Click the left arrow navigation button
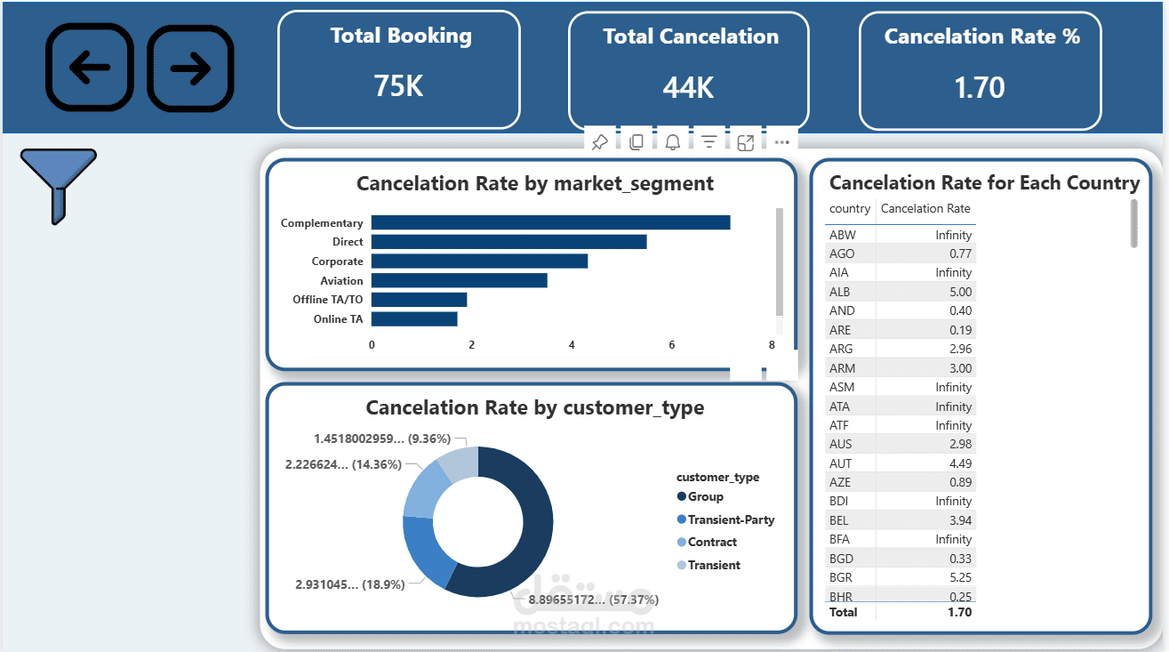89,68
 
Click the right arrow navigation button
190,68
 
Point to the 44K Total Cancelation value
688,87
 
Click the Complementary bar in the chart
550,222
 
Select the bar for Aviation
459,280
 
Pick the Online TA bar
414,318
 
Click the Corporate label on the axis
337,262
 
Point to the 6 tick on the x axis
672,345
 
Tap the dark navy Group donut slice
524,525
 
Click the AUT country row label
840,463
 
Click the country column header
849,208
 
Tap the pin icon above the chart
599,142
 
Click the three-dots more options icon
781,142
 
